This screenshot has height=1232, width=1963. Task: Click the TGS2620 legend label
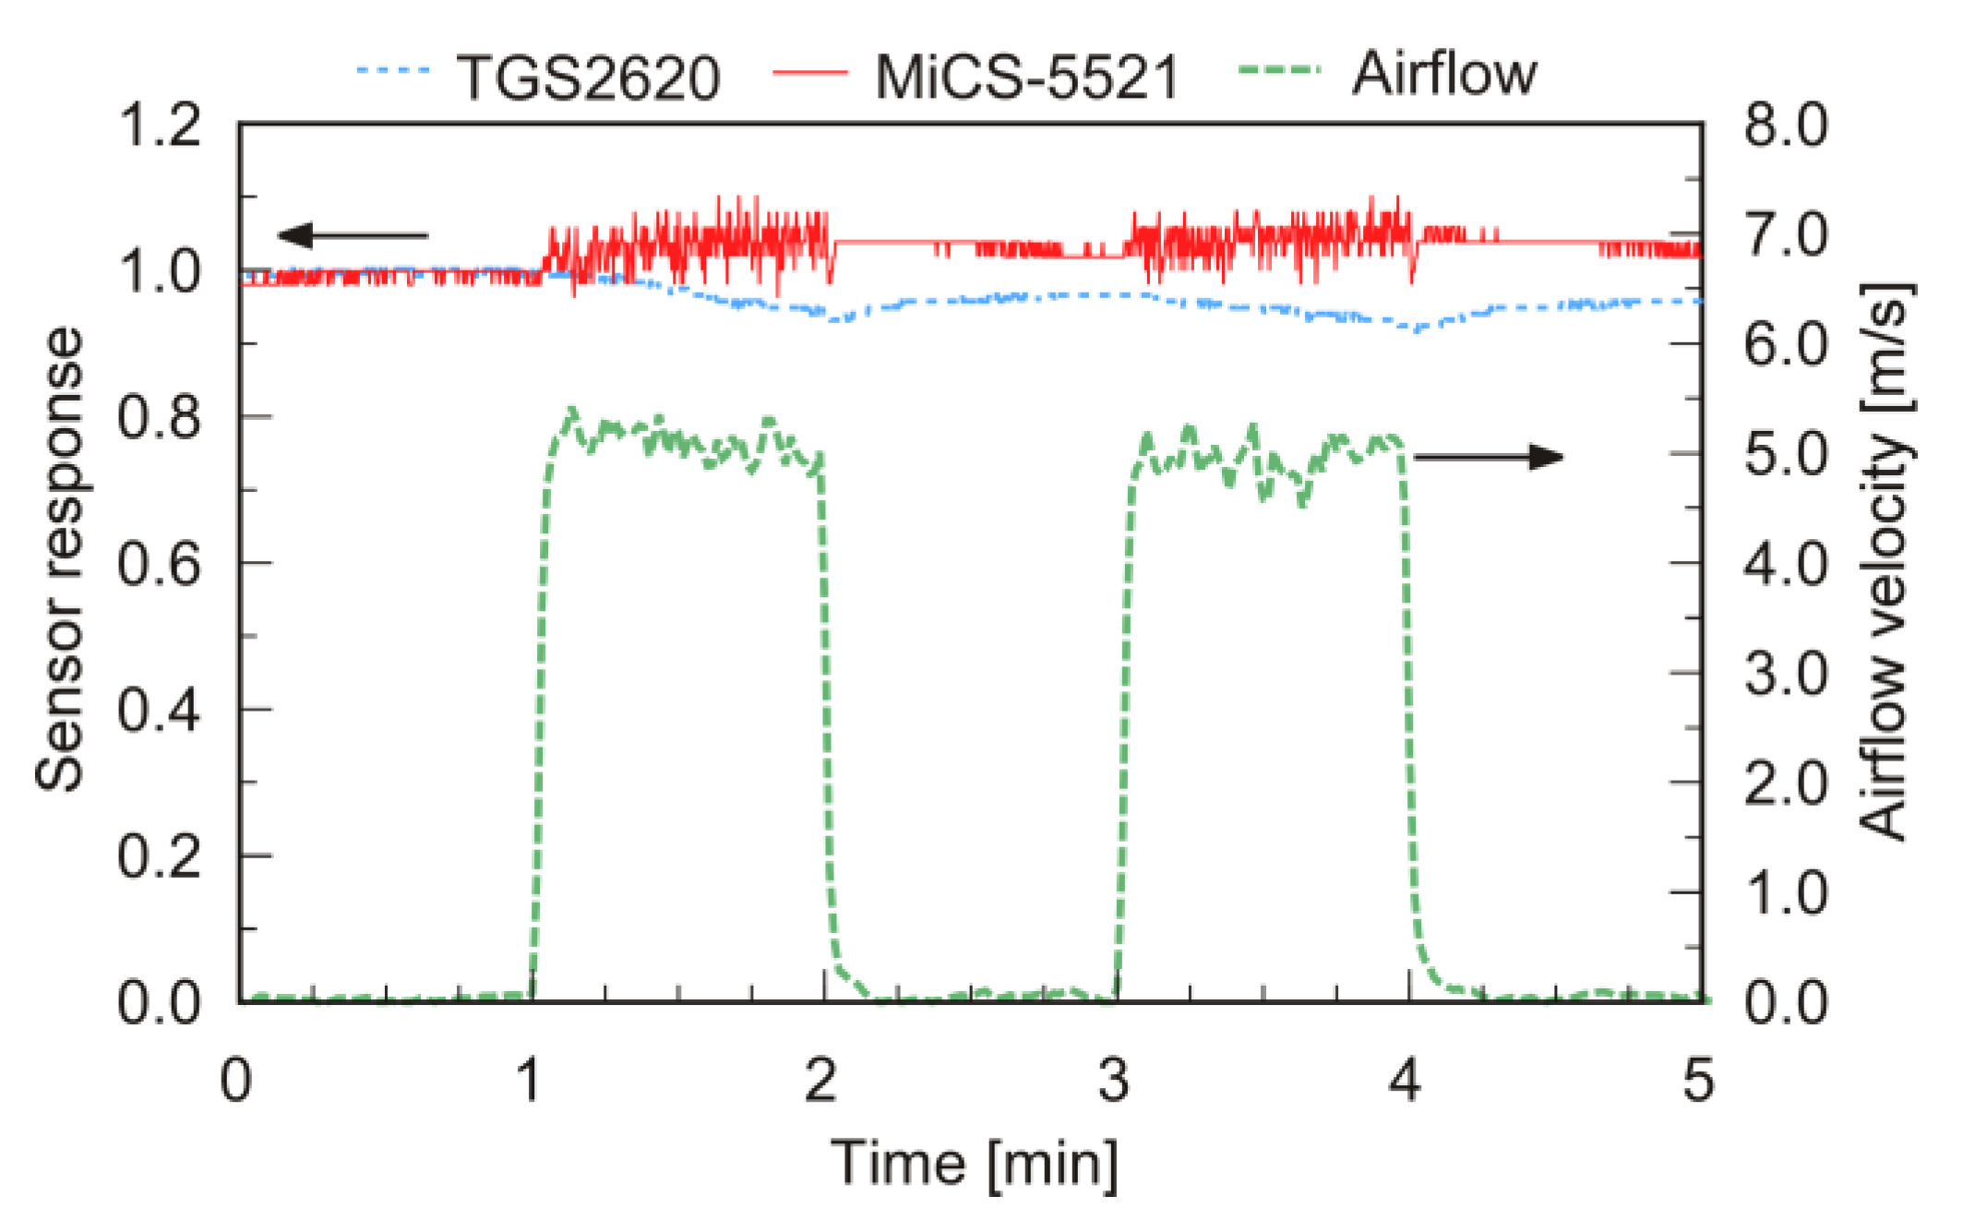[x=588, y=78]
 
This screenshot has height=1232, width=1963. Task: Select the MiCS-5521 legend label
[x=1027, y=78]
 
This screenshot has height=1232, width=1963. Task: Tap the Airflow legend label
[x=1444, y=74]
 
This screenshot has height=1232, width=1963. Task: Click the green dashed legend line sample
[x=1280, y=71]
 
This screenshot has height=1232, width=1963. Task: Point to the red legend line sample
[x=809, y=72]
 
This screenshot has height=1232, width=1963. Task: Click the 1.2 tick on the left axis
[x=159, y=126]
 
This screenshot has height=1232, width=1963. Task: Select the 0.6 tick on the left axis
[x=159, y=564]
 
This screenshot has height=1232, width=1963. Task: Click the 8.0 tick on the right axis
[x=1785, y=126]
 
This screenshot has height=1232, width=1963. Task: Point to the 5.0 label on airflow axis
[x=1785, y=455]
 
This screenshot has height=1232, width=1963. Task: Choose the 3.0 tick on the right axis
[x=1785, y=675]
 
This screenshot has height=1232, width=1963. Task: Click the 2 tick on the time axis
[x=820, y=1080]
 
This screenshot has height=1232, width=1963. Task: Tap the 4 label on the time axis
[x=1405, y=1080]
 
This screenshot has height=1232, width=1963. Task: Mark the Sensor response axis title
[x=59, y=559]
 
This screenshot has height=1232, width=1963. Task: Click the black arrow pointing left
[x=353, y=235]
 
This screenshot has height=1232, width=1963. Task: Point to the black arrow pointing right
[x=1488, y=457]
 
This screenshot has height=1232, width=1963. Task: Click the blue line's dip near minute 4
[x=1414, y=329]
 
